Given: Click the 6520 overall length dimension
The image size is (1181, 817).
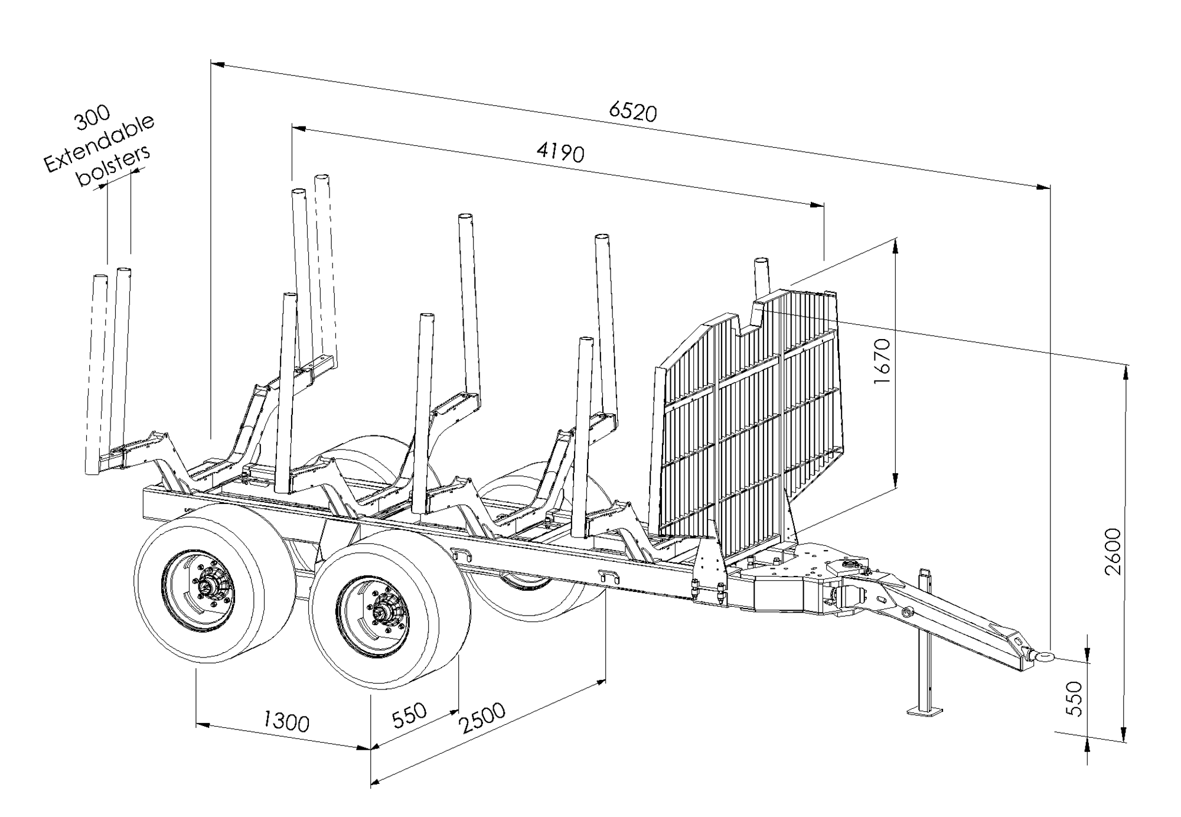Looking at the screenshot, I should pos(632,111).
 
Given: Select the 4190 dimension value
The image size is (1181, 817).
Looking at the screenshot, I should pos(560,152).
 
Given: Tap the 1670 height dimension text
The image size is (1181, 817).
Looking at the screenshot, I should pos(882,361).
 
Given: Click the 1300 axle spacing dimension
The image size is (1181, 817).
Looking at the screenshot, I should pos(286,721).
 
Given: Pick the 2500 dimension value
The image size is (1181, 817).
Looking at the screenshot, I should pos(483,718).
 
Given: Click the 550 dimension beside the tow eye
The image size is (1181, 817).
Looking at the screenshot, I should pos(1075,698).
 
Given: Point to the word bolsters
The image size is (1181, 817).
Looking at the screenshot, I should pos(114,167).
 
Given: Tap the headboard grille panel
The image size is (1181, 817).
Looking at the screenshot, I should pos(750,425).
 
